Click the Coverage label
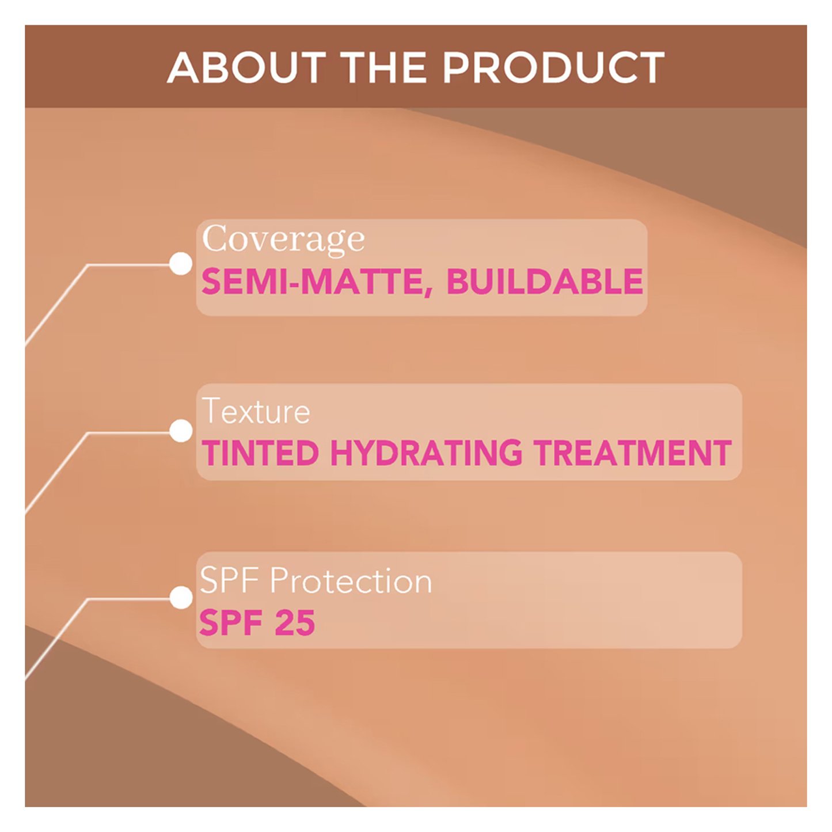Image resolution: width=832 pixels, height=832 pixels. (283, 240)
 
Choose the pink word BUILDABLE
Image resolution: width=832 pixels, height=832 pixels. (545, 282)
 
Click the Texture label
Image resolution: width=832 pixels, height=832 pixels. (256, 411)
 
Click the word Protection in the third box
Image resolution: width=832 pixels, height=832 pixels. (351, 582)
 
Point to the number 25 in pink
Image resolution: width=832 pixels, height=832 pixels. (295, 622)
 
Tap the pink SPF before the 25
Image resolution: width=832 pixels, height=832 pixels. (231, 622)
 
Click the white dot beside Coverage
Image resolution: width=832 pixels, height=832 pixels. (180, 263)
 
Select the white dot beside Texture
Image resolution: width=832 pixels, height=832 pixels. (181, 431)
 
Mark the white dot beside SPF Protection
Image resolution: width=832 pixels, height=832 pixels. (181, 598)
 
